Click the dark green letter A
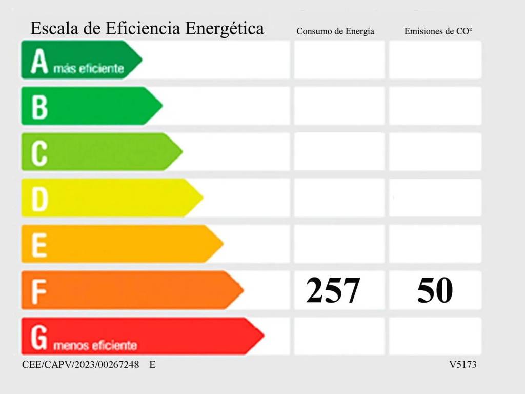coord(39,62)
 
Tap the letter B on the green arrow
coord(39,107)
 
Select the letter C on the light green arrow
coord(39,153)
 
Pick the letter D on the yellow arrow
coord(39,199)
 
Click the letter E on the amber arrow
coord(39,245)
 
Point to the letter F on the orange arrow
coord(39,291)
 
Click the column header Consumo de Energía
coord(335,31)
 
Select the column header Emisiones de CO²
coord(438,31)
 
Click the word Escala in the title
coord(53,28)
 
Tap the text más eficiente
coord(89,68)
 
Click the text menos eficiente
coord(95,346)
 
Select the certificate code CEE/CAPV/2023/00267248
coord(80,365)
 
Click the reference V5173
coord(463,365)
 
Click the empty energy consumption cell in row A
coord(339,60)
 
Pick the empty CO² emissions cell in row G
coord(435,337)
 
